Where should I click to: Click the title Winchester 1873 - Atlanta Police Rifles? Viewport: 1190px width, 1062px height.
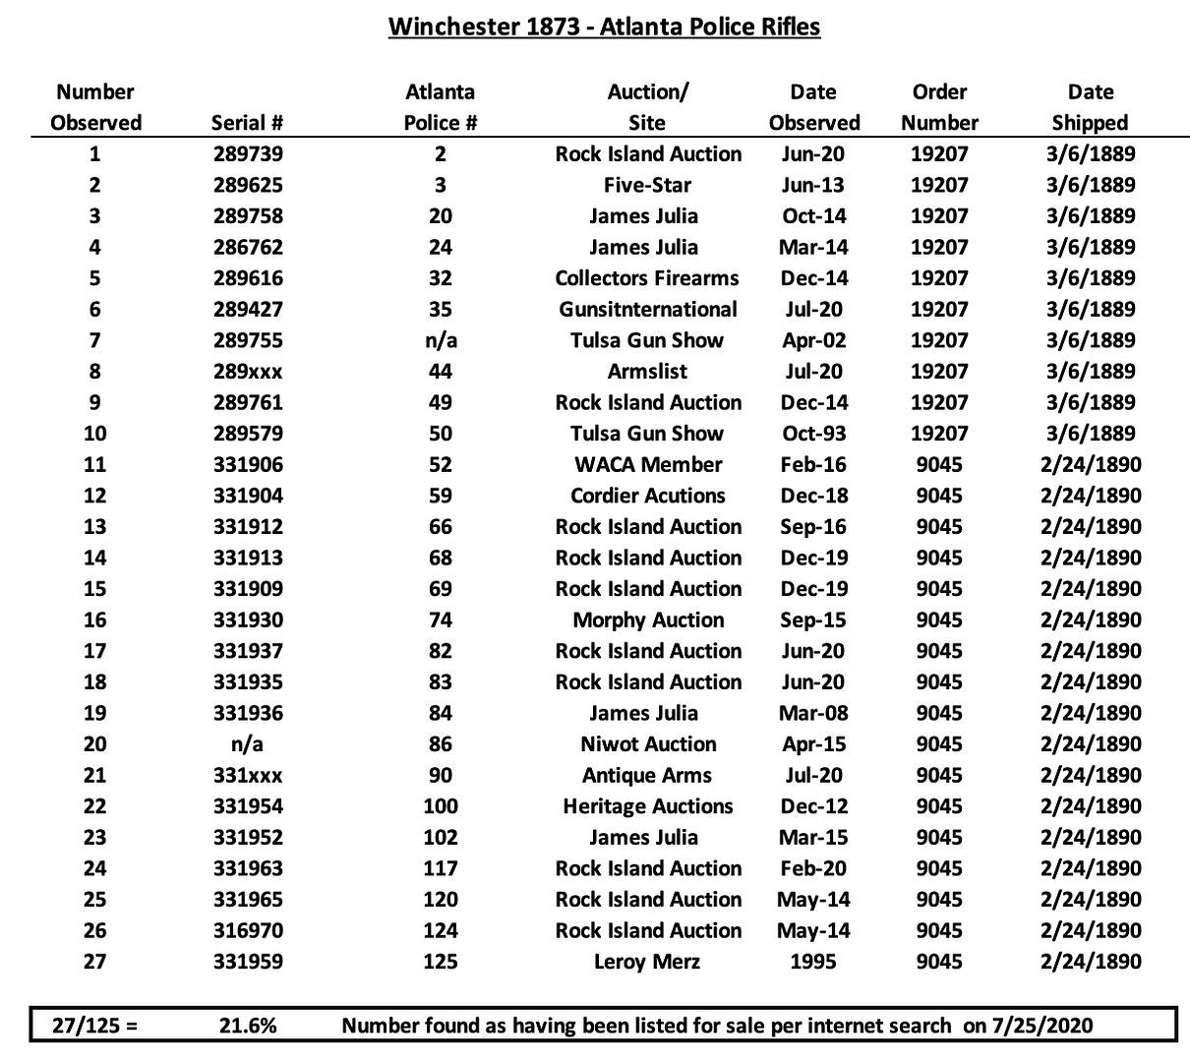pos(604,27)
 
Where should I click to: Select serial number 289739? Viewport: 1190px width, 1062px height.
pos(248,154)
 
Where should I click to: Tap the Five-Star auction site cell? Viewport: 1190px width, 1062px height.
pos(647,186)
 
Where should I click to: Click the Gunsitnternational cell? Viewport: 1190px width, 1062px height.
pos(647,310)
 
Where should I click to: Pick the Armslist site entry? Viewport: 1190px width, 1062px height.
pos(647,372)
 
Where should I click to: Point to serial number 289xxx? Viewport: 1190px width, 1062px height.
pos(248,372)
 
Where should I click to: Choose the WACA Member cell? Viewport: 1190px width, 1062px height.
pos(647,465)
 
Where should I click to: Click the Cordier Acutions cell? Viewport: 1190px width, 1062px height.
pos(647,496)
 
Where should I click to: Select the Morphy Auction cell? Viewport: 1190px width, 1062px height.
pos(647,620)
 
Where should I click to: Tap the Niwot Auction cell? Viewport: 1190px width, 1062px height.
pos(647,744)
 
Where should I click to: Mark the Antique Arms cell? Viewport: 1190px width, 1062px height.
pos(647,776)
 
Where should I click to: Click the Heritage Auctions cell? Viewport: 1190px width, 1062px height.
pos(647,807)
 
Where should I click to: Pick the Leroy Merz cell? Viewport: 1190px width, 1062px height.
pos(647,962)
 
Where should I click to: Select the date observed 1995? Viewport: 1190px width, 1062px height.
pos(813,962)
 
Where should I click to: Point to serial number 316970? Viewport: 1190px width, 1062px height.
pos(248,930)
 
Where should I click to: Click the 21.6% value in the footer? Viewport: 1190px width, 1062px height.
pos(248,1026)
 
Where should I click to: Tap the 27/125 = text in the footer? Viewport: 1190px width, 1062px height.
pos(94,1026)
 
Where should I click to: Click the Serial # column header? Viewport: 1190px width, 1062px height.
pos(248,123)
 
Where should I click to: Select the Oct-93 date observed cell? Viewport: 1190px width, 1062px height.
pos(813,434)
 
